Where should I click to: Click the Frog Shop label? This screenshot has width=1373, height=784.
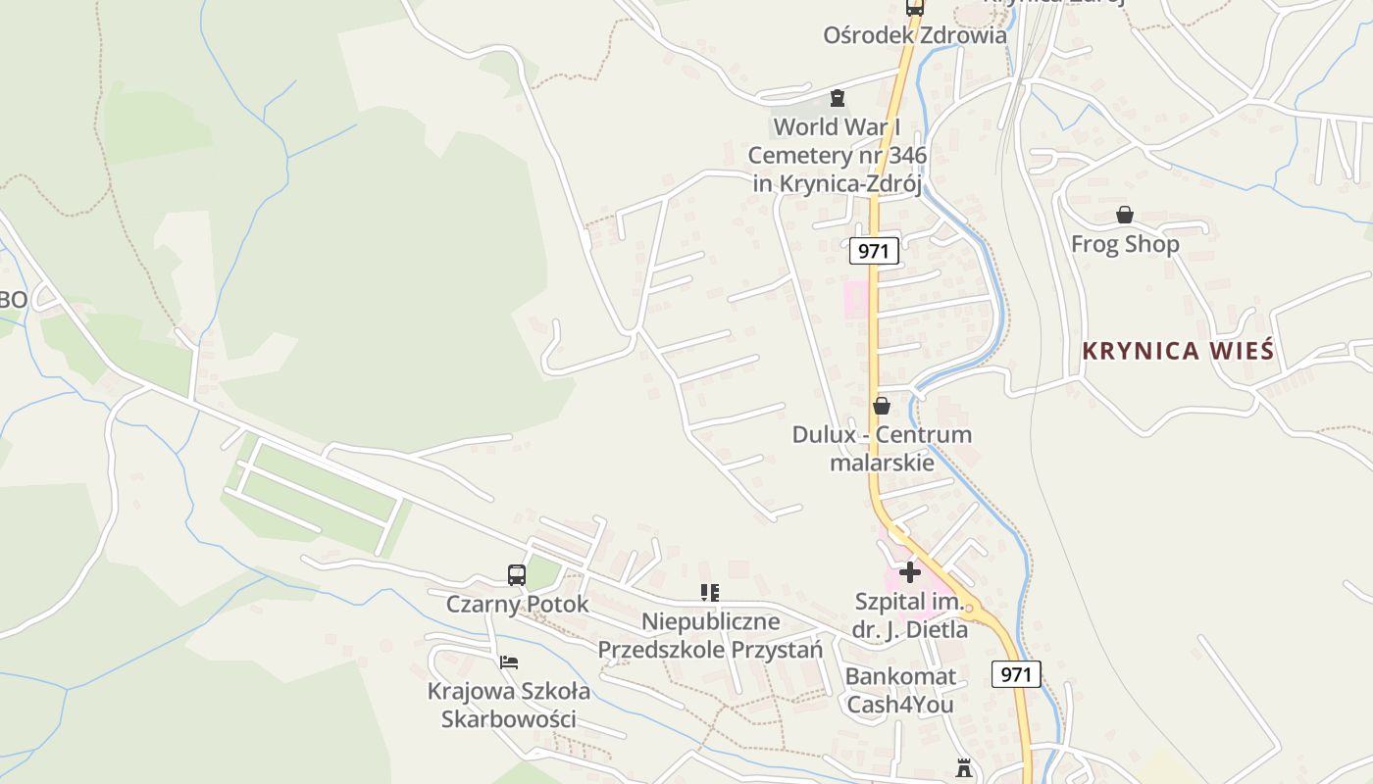(1125, 244)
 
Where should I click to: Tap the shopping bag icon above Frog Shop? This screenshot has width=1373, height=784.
(1125, 215)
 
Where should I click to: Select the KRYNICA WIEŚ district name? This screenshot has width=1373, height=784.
(1178, 351)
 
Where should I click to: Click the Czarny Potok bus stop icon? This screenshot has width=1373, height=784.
(517, 575)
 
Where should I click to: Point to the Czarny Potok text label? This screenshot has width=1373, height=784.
(518, 604)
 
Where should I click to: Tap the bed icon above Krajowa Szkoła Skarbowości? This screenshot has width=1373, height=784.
(509, 662)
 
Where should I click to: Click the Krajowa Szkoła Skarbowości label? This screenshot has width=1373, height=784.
(509, 705)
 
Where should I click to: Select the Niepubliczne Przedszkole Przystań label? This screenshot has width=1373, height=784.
(710, 635)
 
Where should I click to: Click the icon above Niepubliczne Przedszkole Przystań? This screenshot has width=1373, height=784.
(710, 592)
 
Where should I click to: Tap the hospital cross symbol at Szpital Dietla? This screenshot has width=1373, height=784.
(910, 572)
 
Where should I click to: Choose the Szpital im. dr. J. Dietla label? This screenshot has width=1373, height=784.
(910, 615)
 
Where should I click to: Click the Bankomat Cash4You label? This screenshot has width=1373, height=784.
(900, 690)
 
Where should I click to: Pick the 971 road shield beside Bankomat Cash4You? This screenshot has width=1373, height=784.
(1016, 674)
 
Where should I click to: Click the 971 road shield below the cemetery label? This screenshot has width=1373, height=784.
(873, 251)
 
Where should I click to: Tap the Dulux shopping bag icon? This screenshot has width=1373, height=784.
(882, 406)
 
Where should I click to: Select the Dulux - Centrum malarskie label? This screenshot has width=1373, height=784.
(882, 448)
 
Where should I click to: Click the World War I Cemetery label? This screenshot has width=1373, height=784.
(837, 155)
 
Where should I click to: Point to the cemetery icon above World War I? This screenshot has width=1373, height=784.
(838, 98)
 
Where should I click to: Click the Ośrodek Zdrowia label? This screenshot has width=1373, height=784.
(914, 35)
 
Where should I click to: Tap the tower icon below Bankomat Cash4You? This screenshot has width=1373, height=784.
(964, 768)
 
